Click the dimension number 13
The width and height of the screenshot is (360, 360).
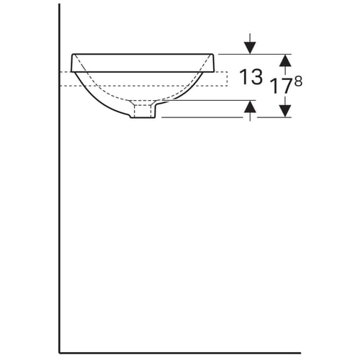coord(251,77)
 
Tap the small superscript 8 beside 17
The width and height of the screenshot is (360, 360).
coord(298,81)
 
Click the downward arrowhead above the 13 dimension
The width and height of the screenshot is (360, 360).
coord(250,48)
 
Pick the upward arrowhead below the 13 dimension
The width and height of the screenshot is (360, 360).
coord(250,107)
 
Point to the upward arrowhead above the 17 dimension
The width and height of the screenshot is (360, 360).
coord(285,60)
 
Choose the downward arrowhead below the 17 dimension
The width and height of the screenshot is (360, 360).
coord(285,111)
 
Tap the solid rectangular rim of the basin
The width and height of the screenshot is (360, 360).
coord(143,63)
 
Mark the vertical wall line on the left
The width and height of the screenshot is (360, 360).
coord(59,179)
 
